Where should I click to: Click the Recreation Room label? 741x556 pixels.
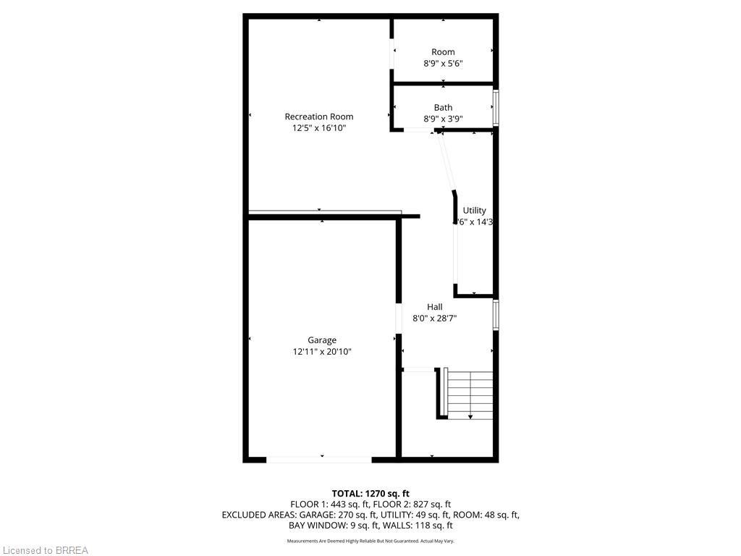tap(318, 117)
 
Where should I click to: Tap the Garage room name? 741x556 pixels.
tap(322, 340)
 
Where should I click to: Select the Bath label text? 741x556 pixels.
tap(443, 108)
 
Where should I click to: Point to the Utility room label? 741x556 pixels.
tap(475, 211)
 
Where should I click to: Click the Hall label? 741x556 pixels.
tap(434, 307)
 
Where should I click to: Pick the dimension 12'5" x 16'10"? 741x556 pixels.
tap(318, 128)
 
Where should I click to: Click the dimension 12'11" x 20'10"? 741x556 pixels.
tap(322, 352)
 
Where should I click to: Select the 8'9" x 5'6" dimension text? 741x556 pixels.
tap(443, 64)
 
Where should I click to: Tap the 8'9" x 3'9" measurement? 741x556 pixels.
tap(443, 119)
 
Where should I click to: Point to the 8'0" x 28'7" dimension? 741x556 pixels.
tap(434, 318)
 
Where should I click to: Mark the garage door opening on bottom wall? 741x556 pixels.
tap(319, 459)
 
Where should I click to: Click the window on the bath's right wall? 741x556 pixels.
tap(496, 108)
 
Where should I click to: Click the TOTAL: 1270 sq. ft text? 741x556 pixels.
tap(370, 494)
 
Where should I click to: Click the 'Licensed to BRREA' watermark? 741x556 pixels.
tap(45, 550)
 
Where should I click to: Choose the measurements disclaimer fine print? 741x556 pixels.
tap(370, 541)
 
